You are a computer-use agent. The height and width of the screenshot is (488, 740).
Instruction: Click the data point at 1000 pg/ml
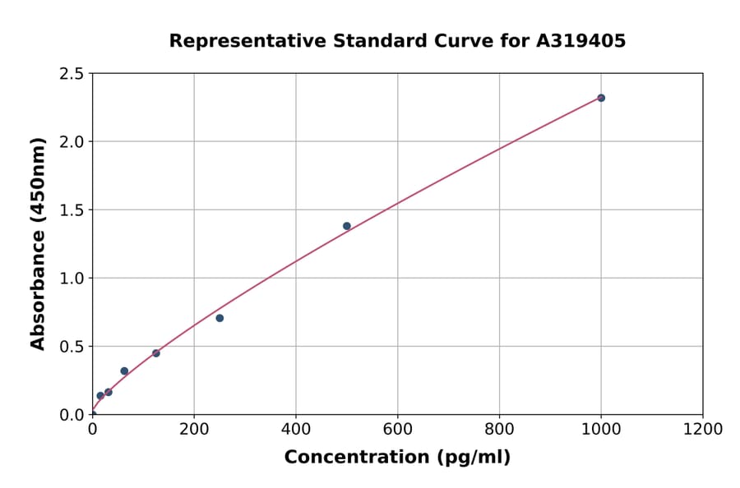[601, 98]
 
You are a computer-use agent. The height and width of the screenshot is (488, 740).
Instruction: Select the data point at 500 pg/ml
[347, 226]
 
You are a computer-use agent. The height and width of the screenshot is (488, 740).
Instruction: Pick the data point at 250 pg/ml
[220, 318]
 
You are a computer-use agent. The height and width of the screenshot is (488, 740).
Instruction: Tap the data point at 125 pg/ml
[156, 353]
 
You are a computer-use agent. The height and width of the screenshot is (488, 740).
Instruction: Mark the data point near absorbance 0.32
[124, 371]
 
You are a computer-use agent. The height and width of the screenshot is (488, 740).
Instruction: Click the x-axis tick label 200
[194, 429]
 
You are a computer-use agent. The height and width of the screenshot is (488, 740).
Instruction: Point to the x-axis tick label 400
[296, 429]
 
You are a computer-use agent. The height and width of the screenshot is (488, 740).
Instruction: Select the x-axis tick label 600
[398, 429]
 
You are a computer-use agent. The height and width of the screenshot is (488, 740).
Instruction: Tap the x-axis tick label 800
[499, 429]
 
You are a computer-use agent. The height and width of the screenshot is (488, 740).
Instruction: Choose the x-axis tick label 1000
[601, 429]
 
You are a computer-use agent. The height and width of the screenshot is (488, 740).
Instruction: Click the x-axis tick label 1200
[703, 429]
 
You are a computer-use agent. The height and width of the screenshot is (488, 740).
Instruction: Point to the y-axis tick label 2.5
[72, 74]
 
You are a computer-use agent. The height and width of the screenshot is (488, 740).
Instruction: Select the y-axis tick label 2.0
[72, 142]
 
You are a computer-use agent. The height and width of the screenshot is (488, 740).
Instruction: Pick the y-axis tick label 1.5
[72, 210]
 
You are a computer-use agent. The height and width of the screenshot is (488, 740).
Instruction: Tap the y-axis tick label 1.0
[72, 279]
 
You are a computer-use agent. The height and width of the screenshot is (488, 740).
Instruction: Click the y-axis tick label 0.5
[72, 347]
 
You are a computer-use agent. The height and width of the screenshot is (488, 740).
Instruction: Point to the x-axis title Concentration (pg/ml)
[397, 458]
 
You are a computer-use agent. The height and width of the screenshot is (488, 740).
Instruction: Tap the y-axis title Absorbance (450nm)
[38, 243]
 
